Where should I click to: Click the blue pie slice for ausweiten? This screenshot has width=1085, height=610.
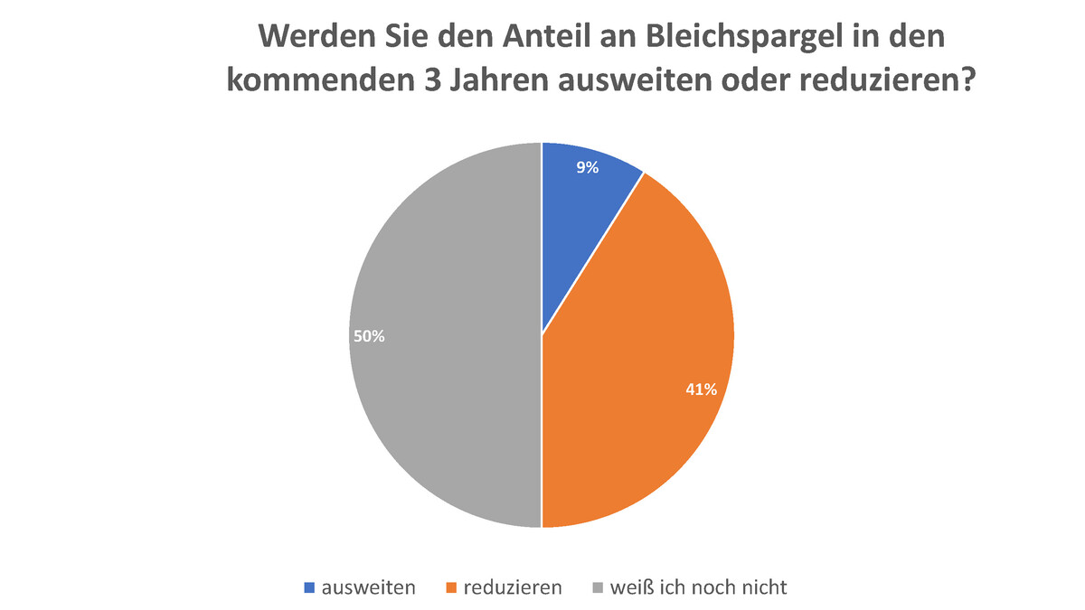pyautogui.click(x=579, y=217)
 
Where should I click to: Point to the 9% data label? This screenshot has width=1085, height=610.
pyautogui.click(x=588, y=166)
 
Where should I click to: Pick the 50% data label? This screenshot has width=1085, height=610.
pyautogui.click(x=369, y=335)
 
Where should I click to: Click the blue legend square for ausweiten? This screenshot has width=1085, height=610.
pyautogui.click(x=309, y=587)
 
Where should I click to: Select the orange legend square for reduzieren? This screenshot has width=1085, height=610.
pyautogui.click(x=451, y=587)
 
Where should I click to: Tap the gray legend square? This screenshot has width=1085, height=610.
pyautogui.click(x=598, y=587)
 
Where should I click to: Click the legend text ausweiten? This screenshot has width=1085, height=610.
pyautogui.click(x=369, y=587)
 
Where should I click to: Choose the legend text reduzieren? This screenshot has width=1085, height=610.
pyautogui.click(x=513, y=587)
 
